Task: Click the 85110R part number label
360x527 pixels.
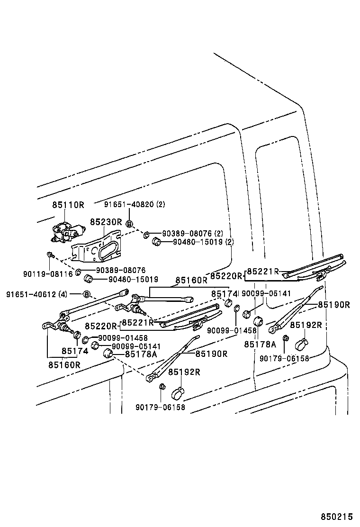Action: pyautogui.click(x=68, y=205)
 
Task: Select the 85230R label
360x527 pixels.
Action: pyautogui.click(x=106, y=222)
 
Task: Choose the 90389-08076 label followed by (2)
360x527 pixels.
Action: pyautogui.click(x=187, y=233)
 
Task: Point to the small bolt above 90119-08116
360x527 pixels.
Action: pyautogui.click(x=50, y=255)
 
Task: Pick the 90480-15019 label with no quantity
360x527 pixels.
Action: pyautogui.click(x=133, y=280)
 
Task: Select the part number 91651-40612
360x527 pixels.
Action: pyautogui.click(x=31, y=294)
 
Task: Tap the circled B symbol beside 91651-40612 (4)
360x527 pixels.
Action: pyautogui.click(x=87, y=294)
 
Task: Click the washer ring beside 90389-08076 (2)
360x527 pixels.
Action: pyautogui.click(x=147, y=234)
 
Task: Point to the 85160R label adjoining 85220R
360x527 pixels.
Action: pyautogui.click(x=191, y=280)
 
